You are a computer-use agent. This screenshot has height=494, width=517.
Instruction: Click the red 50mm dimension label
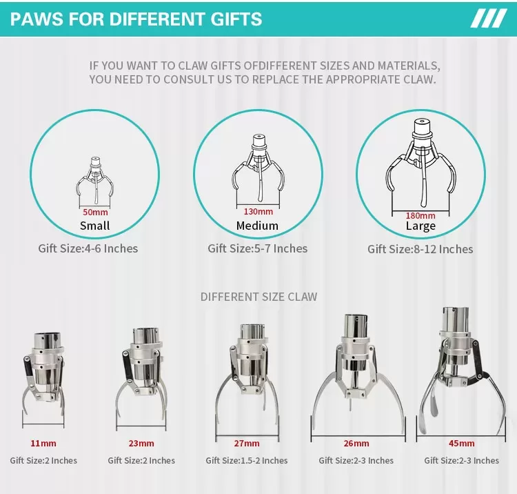point(95,212)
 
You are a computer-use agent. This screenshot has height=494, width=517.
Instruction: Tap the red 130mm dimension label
point(258,212)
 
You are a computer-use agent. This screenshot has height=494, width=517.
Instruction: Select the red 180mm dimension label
point(420,215)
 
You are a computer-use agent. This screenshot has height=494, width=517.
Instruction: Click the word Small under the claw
point(94,226)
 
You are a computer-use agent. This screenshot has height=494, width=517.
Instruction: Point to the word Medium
point(257,226)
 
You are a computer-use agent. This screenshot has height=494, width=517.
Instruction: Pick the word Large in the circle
point(420,226)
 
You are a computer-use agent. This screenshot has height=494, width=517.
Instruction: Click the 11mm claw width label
point(43,443)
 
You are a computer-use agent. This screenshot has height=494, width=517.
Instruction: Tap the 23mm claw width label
point(141,443)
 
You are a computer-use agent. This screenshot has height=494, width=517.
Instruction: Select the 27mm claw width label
point(247,443)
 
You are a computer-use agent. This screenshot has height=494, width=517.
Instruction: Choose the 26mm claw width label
point(356,443)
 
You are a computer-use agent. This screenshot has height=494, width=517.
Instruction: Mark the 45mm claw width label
point(462,443)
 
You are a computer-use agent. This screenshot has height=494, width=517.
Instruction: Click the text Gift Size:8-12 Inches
point(420,249)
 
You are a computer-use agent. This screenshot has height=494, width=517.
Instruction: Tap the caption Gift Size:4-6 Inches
point(88,248)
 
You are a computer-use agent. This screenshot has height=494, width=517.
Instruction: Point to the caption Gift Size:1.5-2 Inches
point(247,460)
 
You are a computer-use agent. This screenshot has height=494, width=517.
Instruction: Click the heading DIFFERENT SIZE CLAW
point(258,297)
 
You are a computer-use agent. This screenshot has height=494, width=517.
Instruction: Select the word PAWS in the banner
point(37,19)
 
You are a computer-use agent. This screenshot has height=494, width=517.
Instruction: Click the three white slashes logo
point(489,19)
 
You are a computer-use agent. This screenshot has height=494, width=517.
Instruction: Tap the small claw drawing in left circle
point(95,180)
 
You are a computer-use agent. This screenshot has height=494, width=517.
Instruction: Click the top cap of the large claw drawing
point(422,127)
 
